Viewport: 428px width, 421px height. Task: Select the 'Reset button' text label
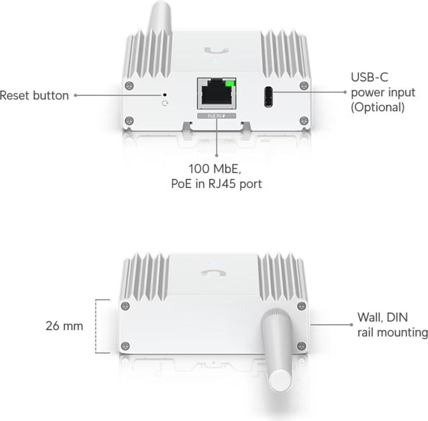[x=34, y=96]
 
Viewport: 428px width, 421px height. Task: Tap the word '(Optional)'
[x=377, y=107]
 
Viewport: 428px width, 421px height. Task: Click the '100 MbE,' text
[x=215, y=169]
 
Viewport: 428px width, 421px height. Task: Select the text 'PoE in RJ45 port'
[x=217, y=184]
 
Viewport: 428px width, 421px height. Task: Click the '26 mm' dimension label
[x=64, y=326]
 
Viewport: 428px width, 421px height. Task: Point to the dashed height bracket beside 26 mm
[x=97, y=326]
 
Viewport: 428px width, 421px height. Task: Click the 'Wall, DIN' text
[x=382, y=317]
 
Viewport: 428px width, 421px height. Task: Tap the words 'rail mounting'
[x=392, y=332]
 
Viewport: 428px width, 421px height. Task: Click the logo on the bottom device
[x=213, y=273]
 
